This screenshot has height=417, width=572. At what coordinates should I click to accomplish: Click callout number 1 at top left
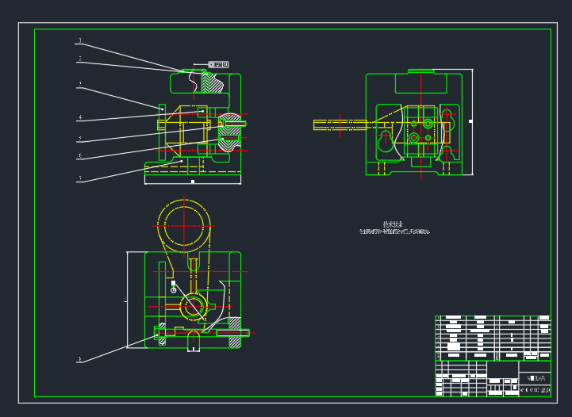[x=79, y=40]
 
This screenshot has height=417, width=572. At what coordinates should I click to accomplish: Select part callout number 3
[x=79, y=84]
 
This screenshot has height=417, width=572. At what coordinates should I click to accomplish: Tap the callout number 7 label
[x=79, y=179]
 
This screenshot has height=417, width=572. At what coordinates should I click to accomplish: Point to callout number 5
[x=79, y=139]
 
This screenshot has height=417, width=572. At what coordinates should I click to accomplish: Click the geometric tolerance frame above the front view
[x=219, y=64]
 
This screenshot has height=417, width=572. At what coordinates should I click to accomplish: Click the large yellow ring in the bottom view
[x=184, y=224]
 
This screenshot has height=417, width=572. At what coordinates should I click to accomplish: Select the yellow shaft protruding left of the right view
[x=341, y=124]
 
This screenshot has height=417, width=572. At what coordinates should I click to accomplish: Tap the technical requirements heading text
[x=393, y=224]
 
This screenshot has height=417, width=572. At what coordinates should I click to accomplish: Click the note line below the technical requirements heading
[x=394, y=232]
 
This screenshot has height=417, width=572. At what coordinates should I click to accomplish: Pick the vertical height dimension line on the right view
[x=472, y=121]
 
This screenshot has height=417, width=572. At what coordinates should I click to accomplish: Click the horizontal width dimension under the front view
[x=193, y=182]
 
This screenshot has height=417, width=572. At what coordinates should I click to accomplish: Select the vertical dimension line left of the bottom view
[x=127, y=300]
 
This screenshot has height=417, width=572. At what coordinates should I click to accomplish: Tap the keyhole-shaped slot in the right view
[x=386, y=141]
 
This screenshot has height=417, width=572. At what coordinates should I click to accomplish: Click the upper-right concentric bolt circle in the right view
[x=428, y=124]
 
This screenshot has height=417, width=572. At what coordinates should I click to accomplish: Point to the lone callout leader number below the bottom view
[x=79, y=360]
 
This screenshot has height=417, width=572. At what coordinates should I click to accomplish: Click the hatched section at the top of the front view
[x=214, y=82]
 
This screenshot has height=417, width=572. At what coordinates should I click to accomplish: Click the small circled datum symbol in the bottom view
[x=174, y=290]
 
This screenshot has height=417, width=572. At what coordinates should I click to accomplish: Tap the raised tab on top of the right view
[x=421, y=72]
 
